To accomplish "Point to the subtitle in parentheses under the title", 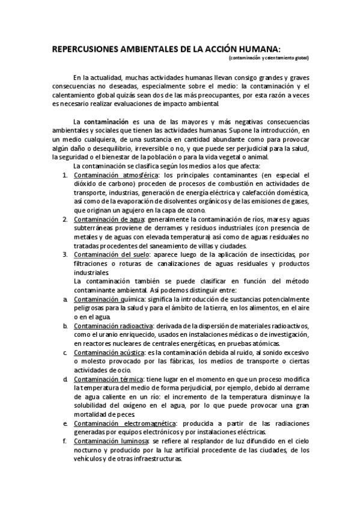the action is click(x=269, y=58).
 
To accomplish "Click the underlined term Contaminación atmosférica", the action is click(x=112, y=175).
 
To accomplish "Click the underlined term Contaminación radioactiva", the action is click(x=113, y=325).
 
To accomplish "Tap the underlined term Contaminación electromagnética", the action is click(x=127, y=423).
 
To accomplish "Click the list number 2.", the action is click(x=66, y=220).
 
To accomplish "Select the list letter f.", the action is click(x=65, y=441).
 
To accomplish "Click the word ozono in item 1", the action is click(x=194, y=210).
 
